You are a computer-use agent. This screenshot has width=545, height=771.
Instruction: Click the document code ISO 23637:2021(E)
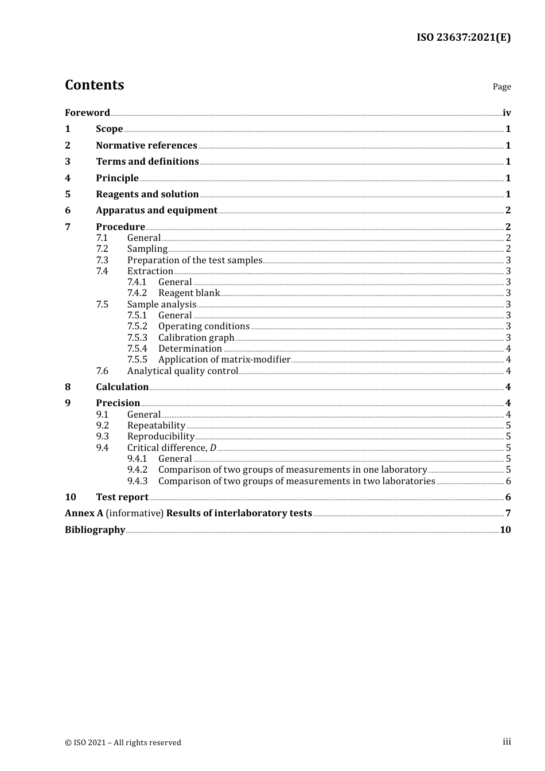pos(463,37)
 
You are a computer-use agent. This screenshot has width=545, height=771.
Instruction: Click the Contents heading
pos(94,85)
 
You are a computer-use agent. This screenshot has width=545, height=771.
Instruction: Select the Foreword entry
pos(87,112)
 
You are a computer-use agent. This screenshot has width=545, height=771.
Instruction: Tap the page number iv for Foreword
pos(507,113)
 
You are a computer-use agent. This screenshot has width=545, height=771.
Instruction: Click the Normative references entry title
pos(146,145)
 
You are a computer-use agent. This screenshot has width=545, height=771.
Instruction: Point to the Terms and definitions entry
pos(147,161)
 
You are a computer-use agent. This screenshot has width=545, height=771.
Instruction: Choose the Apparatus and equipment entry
pos(157,210)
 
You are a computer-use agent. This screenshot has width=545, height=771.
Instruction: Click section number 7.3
pos(102,260)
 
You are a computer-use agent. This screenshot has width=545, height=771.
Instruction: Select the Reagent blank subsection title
pos(189,293)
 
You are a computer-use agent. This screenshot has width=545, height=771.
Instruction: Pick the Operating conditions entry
pos(204,326)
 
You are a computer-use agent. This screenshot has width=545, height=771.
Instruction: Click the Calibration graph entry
pos(196,337)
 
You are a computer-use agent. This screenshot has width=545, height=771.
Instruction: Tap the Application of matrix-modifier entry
pos(224,359)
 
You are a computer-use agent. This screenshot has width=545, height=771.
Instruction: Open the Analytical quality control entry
pos(182,371)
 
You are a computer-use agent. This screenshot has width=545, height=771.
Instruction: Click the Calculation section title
pos(122,387)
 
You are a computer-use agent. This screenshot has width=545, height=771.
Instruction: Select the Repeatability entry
pos(156,425)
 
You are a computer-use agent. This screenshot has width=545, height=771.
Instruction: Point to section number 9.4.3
pos(137,481)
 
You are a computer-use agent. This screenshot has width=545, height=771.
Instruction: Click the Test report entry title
pos(122,497)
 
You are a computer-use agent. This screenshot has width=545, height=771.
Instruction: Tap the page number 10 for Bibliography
pos(505,529)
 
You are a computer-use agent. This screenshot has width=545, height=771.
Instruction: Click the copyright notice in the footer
pos(123,742)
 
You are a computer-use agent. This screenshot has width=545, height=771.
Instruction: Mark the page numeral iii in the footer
pos(507,741)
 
